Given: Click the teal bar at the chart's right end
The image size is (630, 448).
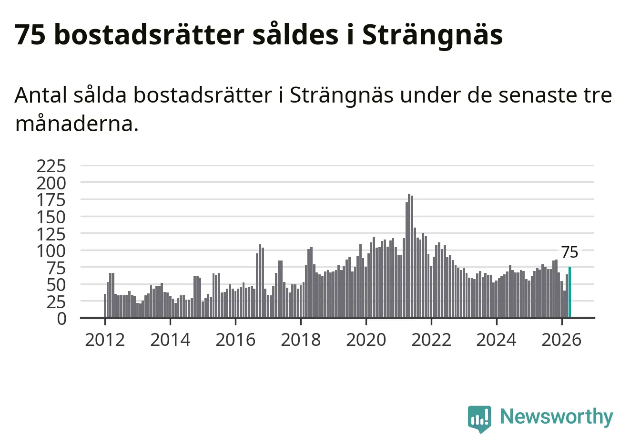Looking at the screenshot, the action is click(x=569, y=292).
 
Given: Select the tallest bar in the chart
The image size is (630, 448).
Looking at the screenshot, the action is click(x=409, y=256).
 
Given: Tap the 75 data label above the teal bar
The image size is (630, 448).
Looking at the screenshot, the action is click(x=570, y=252).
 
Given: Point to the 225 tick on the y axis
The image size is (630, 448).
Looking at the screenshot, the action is click(x=51, y=166).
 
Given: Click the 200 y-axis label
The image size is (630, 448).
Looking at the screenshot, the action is click(x=51, y=183).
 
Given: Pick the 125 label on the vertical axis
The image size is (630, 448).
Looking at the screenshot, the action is click(x=51, y=234).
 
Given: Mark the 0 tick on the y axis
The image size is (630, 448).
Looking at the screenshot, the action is click(x=62, y=319).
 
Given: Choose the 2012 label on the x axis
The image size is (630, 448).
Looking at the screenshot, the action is click(x=105, y=340).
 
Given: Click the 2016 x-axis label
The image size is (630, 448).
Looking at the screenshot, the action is click(x=235, y=340).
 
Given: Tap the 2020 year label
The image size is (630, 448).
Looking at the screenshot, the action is click(x=366, y=340).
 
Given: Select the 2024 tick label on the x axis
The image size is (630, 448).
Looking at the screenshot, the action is click(x=497, y=340).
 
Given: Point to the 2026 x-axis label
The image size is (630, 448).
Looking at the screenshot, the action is click(x=561, y=340).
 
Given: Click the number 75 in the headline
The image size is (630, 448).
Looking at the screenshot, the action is click(x=30, y=34).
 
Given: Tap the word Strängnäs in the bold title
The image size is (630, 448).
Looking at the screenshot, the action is click(x=432, y=34).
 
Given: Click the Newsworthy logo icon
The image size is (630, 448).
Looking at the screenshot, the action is click(x=479, y=419).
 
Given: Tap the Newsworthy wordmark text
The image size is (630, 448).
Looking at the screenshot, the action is click(x=557, y=417).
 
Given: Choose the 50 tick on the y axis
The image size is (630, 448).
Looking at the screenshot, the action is click(x=56, y=285).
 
